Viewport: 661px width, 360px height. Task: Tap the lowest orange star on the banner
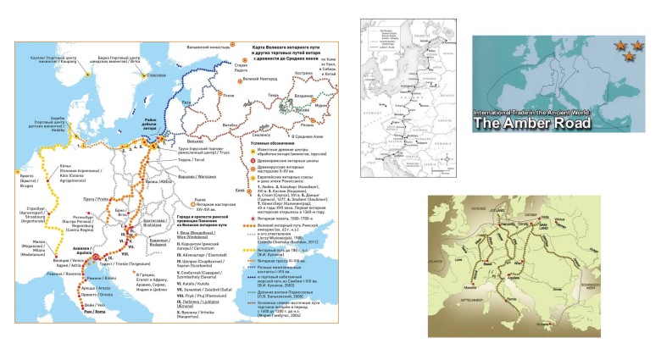click(628, 57)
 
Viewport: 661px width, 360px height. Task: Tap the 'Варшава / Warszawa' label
click(201, 176)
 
